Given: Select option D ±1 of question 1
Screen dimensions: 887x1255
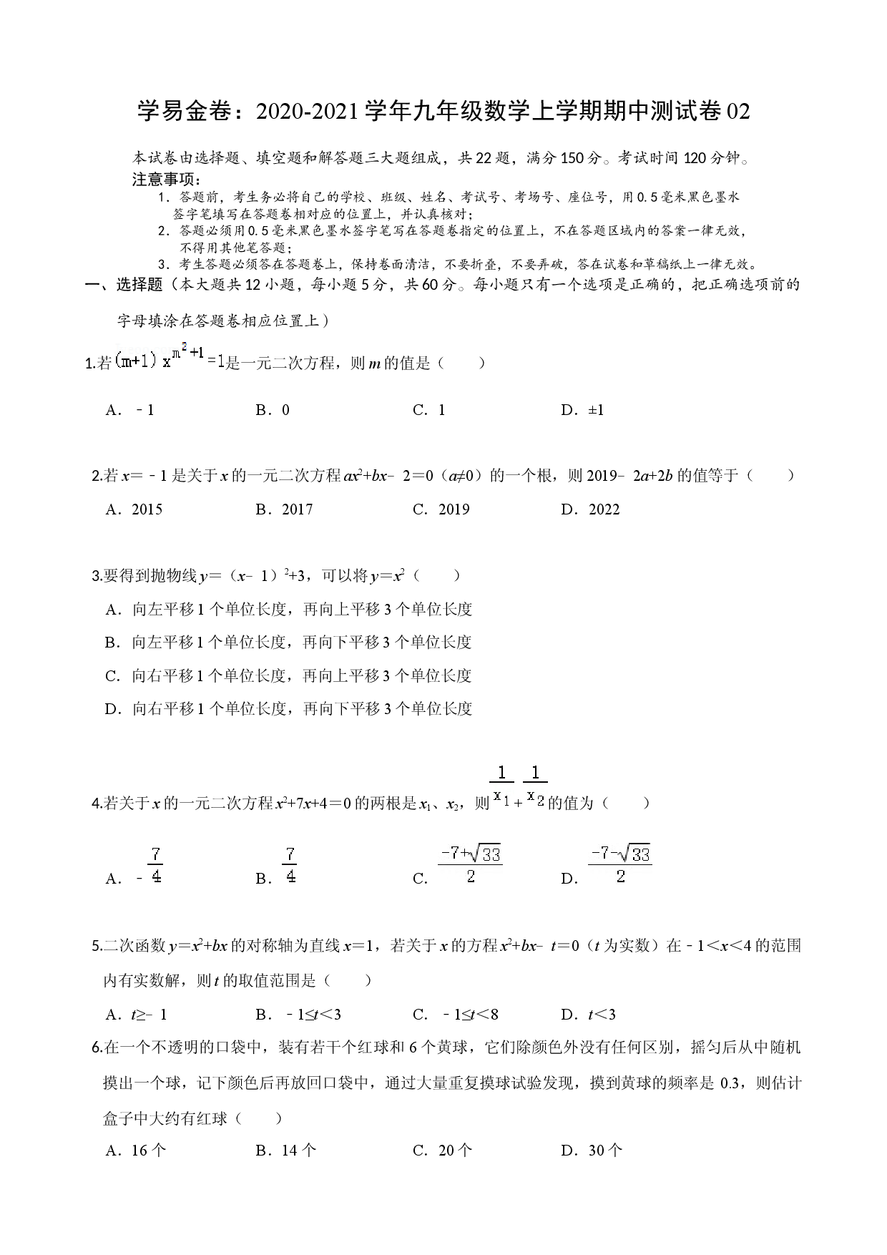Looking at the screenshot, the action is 583,410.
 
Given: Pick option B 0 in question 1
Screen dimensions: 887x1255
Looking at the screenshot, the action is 273,410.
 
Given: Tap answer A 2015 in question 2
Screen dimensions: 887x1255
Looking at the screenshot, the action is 134,509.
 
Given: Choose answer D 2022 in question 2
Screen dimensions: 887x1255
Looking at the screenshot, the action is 591,509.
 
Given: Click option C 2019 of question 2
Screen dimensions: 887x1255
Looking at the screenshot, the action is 441,509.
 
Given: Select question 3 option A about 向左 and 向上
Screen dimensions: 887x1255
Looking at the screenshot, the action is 289,610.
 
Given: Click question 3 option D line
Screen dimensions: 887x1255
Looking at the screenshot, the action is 289,709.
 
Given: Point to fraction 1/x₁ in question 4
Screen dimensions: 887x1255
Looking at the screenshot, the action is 501,786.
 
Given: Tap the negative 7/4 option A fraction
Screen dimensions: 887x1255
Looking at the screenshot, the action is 150,866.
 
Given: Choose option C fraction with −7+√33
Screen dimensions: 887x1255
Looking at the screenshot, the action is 470,865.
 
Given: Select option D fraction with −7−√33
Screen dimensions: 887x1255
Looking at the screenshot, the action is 620,865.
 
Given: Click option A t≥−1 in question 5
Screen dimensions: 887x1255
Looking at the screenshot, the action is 136,1015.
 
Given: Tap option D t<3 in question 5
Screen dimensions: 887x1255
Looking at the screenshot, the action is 589,1015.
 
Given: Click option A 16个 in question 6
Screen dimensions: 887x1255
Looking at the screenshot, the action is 136,1151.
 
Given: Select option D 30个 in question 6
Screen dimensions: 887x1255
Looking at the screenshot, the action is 592,1151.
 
